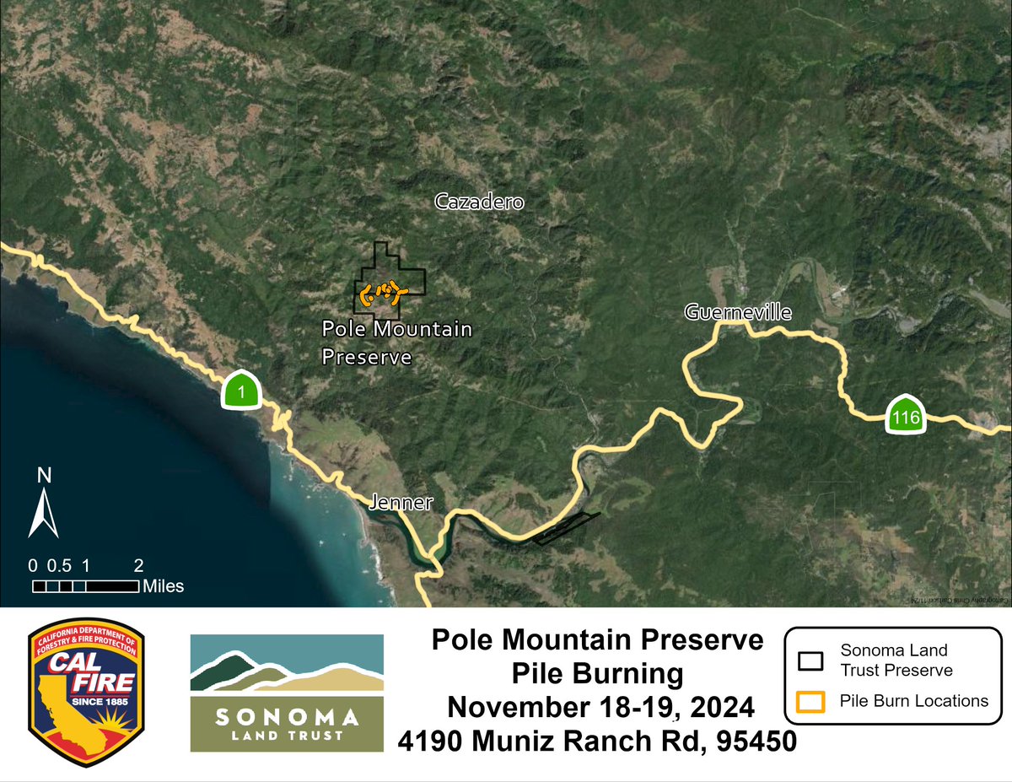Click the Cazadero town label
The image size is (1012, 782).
coord(479,202)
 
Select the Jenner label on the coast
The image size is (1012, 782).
coord(401,504)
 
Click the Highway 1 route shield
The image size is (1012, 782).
coord(243,391)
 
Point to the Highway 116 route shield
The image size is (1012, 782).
coord(907,415)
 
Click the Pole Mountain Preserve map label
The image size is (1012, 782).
coord(397,342)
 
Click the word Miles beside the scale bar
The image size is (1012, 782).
coord(164,586)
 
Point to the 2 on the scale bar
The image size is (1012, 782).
coord(139,565)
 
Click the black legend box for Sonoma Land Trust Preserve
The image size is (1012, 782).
coord(810,661)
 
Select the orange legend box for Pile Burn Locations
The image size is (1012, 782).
coord(810,700)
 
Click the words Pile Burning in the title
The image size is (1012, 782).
coord(597,673)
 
